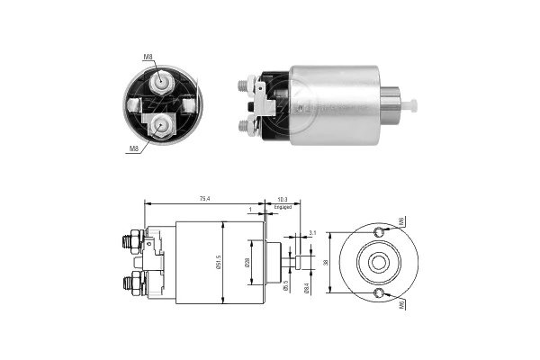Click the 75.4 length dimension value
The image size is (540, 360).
205,199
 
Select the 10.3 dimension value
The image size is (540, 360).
283,199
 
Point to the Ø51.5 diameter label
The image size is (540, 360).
219,262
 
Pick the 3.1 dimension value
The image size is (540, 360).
311,232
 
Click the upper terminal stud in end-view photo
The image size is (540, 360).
162,82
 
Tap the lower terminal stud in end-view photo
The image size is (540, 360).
162,122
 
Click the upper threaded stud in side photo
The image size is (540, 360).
245,86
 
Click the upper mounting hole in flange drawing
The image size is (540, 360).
378,233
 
